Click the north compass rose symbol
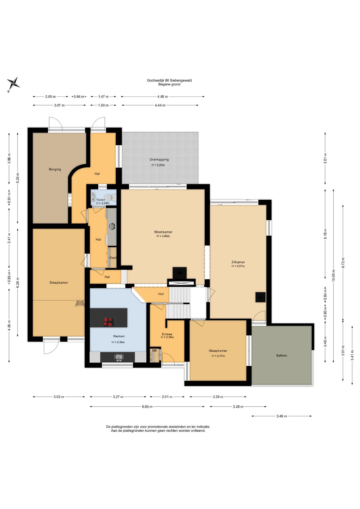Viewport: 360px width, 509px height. [x=13, y=84]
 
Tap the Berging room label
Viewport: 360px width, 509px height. [x=55, y=169]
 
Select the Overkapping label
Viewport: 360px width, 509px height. [x=159, y=160]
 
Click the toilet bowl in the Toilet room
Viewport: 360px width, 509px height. [x=108, y=198]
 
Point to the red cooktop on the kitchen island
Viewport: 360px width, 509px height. [x=108, y=322]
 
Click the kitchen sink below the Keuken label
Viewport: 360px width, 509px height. [x=119, y=357]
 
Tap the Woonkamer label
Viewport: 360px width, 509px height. [x=163, y=232]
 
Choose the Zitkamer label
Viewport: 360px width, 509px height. [x=238, y=262]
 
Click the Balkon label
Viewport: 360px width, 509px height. [x=282, y=356]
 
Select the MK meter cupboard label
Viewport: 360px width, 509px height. [x=155, y=350]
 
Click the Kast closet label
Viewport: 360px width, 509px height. [x=113, y=258]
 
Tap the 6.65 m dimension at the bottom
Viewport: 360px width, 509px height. [x=147, y=407]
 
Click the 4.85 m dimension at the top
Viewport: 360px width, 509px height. [x=163, y=97]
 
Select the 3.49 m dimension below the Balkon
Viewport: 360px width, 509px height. [x=282, y=416]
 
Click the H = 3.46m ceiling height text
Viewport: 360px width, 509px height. [x=163, y=236]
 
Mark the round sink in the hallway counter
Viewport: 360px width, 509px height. [x=112, y=226]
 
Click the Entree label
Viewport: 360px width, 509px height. [x=167, y=334]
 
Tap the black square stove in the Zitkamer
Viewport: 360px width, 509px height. [x=260, y=297]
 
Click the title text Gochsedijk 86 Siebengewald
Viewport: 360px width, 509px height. [x=169, y=80]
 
